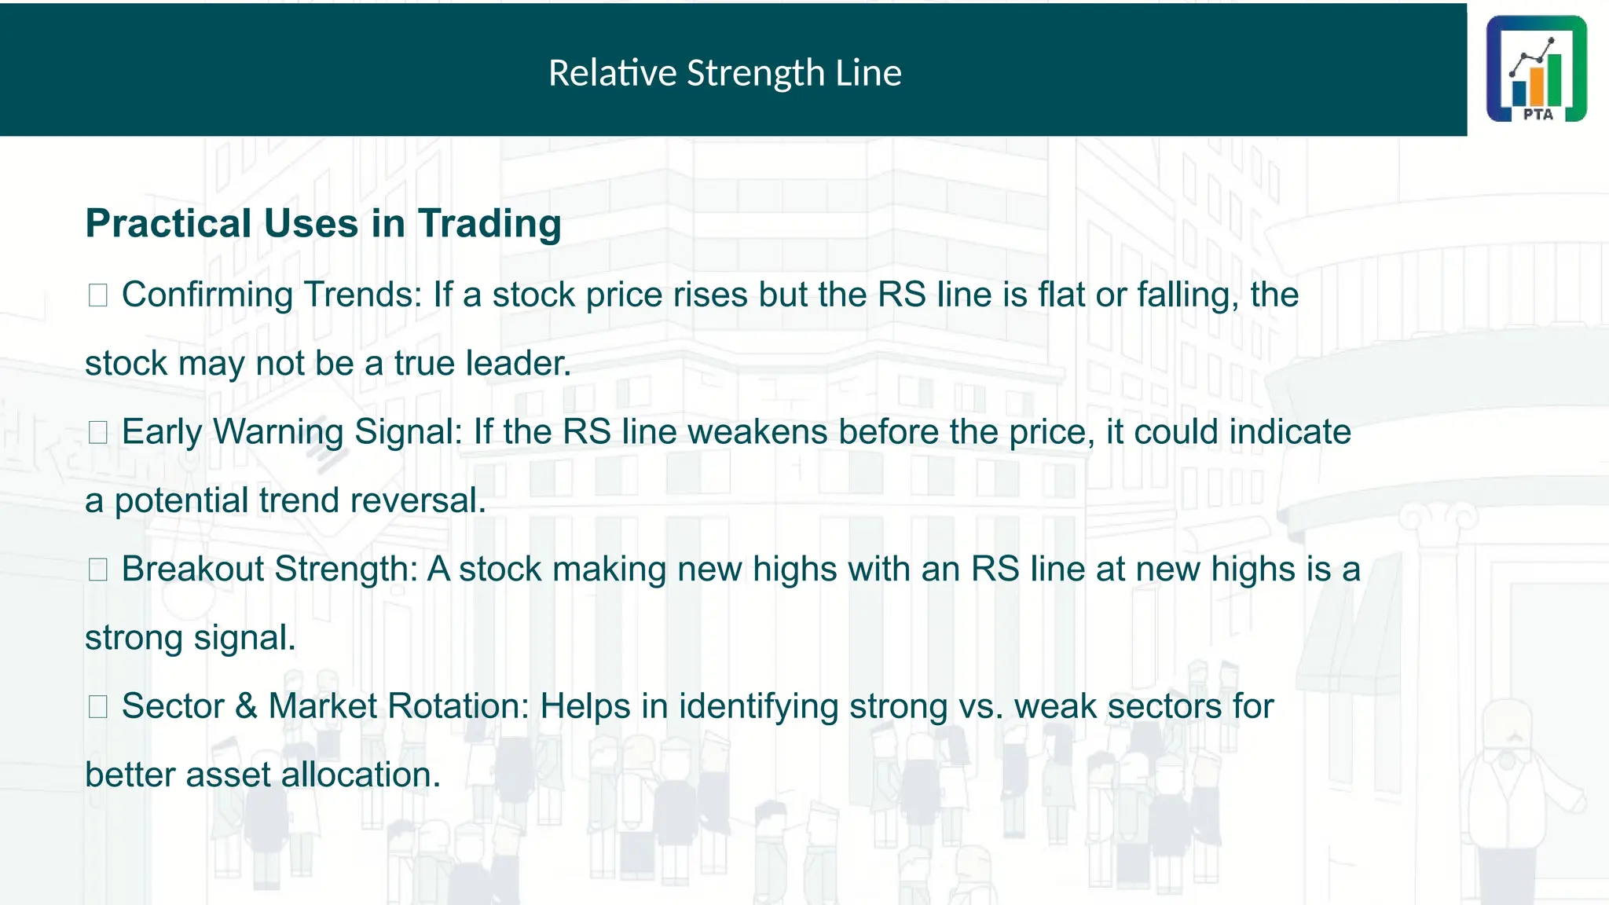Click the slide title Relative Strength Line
tap(724, 73)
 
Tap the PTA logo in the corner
tap(1536, 69)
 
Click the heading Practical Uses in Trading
tap(323, 223)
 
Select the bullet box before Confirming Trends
tap(98, 295)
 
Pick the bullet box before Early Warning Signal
tap(98, 432)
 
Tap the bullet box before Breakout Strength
tap(98, 570)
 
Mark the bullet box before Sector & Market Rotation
tap(98, 706)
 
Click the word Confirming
tap(207, 295)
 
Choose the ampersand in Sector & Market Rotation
tap(246, 706)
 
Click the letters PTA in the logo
tap(1538, 115)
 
